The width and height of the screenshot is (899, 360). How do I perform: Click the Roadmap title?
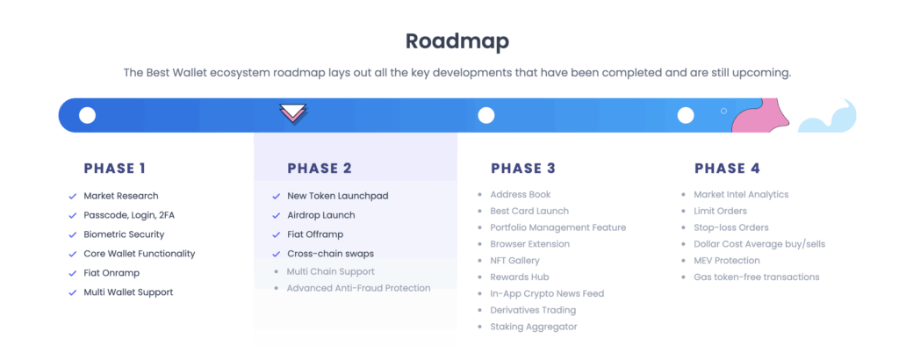coord(457,42)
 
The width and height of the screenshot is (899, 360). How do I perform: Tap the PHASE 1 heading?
coord(115,168)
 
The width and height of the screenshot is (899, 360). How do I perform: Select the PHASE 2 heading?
coord(320,168)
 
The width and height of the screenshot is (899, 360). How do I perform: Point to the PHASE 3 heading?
coord(523,168)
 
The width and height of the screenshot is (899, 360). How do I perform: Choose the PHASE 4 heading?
coord(727,168)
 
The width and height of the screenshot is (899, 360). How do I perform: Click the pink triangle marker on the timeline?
coord(293,113)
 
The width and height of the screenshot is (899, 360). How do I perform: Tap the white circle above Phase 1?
coord(87,115)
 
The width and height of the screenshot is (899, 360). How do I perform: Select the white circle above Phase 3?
coord(486,115)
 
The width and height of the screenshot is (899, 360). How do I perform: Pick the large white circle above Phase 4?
coord(686,115)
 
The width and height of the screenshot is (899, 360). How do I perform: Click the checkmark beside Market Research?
coord(73,196)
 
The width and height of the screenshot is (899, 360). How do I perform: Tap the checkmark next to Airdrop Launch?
coord(277,215)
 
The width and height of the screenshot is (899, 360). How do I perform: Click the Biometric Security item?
coord(124,234)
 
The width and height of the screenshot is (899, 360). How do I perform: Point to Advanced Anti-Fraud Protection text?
coord(358,288)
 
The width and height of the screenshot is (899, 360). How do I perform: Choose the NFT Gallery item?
coord(514,260)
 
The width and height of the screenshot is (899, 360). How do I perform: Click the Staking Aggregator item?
coord(534,327)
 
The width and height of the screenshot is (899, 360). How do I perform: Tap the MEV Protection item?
coord(726,260)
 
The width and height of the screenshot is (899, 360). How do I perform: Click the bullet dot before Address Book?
coord(480,194)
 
